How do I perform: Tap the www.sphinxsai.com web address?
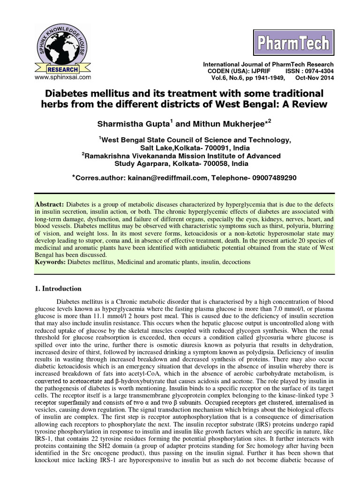[x=62, y=76]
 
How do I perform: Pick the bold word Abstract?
[x=50, y=205]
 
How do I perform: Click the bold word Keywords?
[x=51, y=262]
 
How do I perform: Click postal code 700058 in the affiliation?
[x=210, y=164]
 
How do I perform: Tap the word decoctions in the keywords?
[x=235, y=262]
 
